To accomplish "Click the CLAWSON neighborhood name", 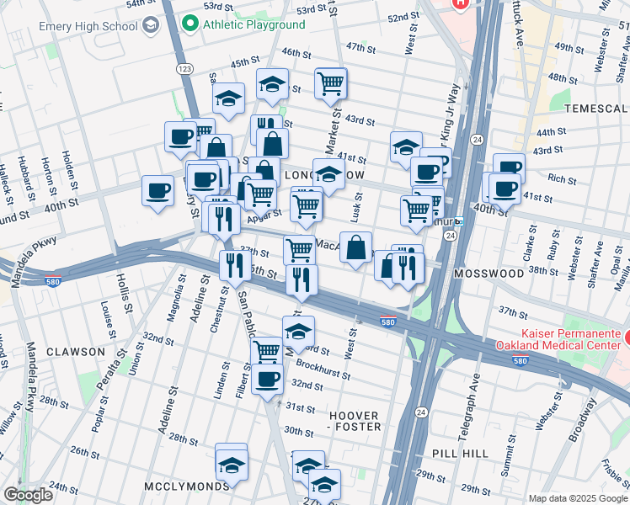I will tap(76, 351).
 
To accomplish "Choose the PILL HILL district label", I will tap(460, 453).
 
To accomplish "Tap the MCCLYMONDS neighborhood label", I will tap(186, 486).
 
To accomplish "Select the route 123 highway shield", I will tap(181, 66).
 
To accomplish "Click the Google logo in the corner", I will tap(28, 495).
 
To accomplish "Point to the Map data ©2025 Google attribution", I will tap(577, 498).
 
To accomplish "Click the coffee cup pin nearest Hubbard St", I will tap(157, 190).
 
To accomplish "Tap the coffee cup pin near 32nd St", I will tap(268, 379).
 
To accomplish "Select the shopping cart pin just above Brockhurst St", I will tap(267, 349).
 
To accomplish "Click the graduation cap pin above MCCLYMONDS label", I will tap(232, 463).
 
